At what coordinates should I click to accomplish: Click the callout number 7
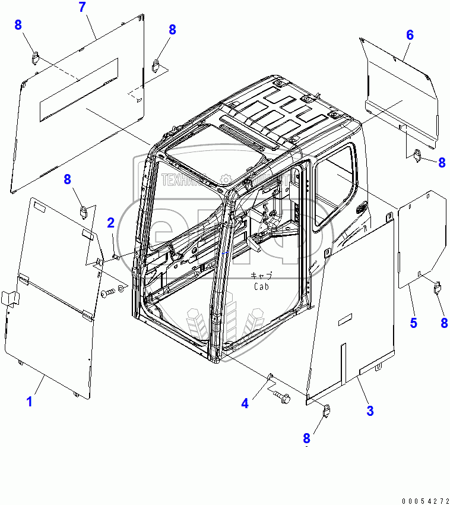[82, 8]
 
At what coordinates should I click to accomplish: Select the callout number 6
[410, 34]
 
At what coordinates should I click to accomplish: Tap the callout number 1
[28, 402]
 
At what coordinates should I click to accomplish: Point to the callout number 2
[111, 223]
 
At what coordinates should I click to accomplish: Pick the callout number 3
[370, 410]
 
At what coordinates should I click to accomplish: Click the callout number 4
[245, 403]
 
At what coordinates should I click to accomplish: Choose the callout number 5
[413, 323]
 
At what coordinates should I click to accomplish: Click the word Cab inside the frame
[261, 286]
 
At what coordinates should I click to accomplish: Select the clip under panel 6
[417, 155]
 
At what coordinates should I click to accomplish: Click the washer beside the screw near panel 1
[121, 288]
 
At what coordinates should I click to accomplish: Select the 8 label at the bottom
[306, 438]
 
